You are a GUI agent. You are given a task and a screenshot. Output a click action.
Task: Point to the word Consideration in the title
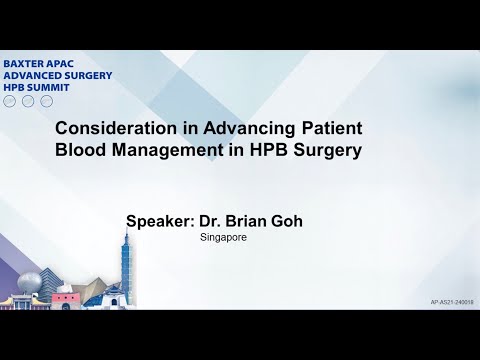point(112,130)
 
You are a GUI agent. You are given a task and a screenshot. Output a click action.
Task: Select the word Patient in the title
point(317,130)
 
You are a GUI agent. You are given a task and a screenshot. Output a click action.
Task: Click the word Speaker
point(163,221)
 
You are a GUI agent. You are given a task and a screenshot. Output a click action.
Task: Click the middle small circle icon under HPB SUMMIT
point(28,101)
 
